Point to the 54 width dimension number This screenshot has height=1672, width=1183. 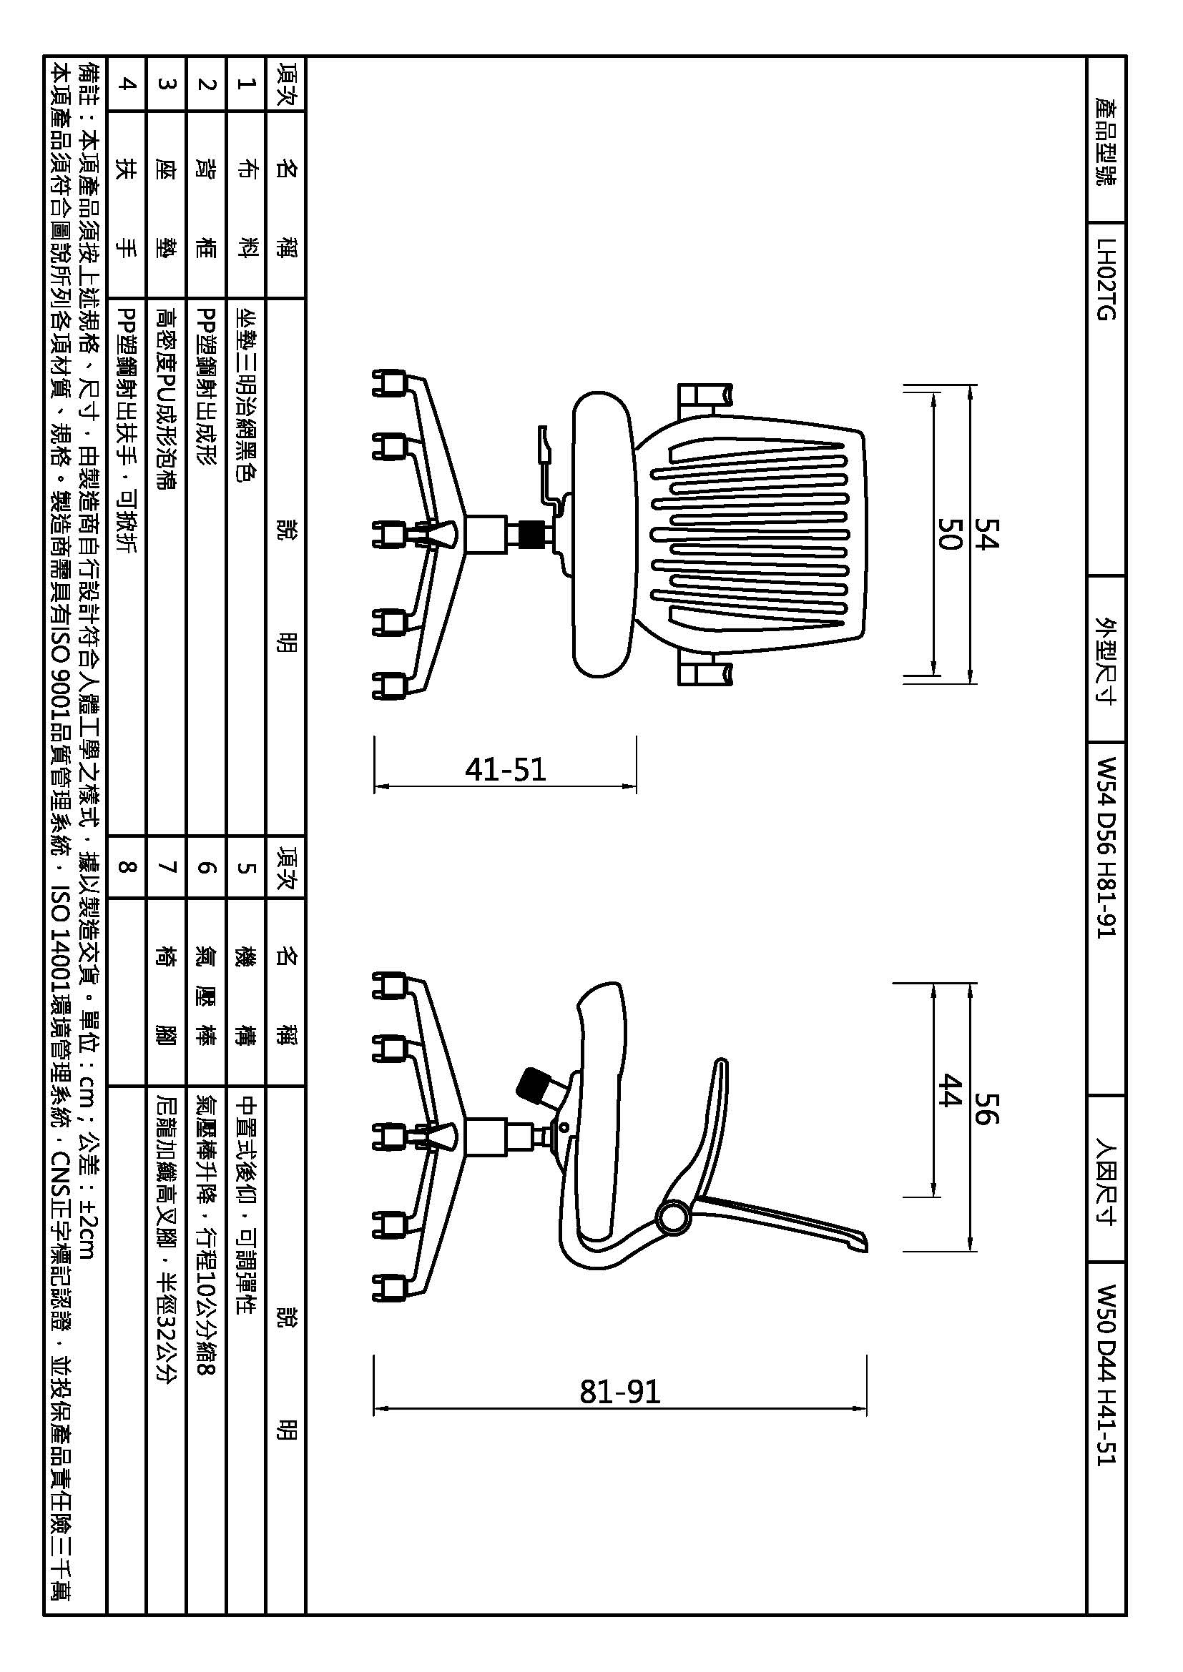pos(988,534)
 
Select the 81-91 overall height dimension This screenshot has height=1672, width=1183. pos(620,1392)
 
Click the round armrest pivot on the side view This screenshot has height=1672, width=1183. pos(673,1217)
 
